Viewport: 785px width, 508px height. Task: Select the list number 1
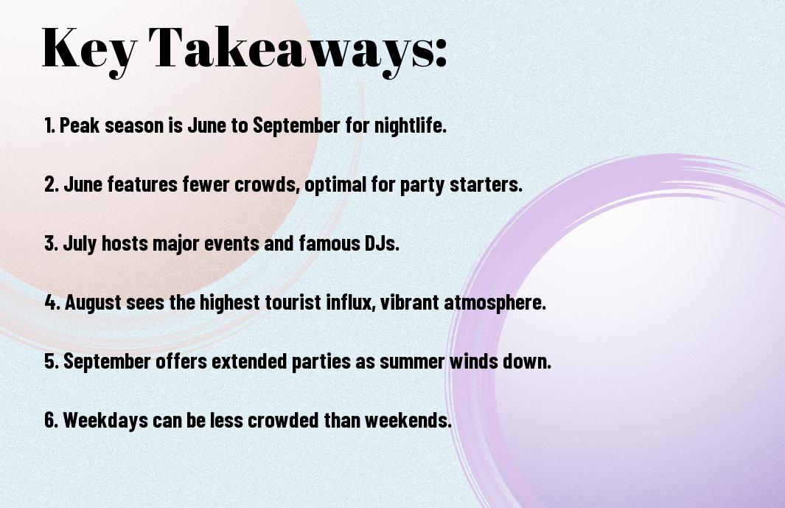coord(49,125)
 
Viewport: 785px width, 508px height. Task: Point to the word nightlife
coord(411,125)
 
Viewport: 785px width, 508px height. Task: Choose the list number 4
coord(52,302)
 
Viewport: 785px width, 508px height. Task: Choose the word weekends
coord(408,420)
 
